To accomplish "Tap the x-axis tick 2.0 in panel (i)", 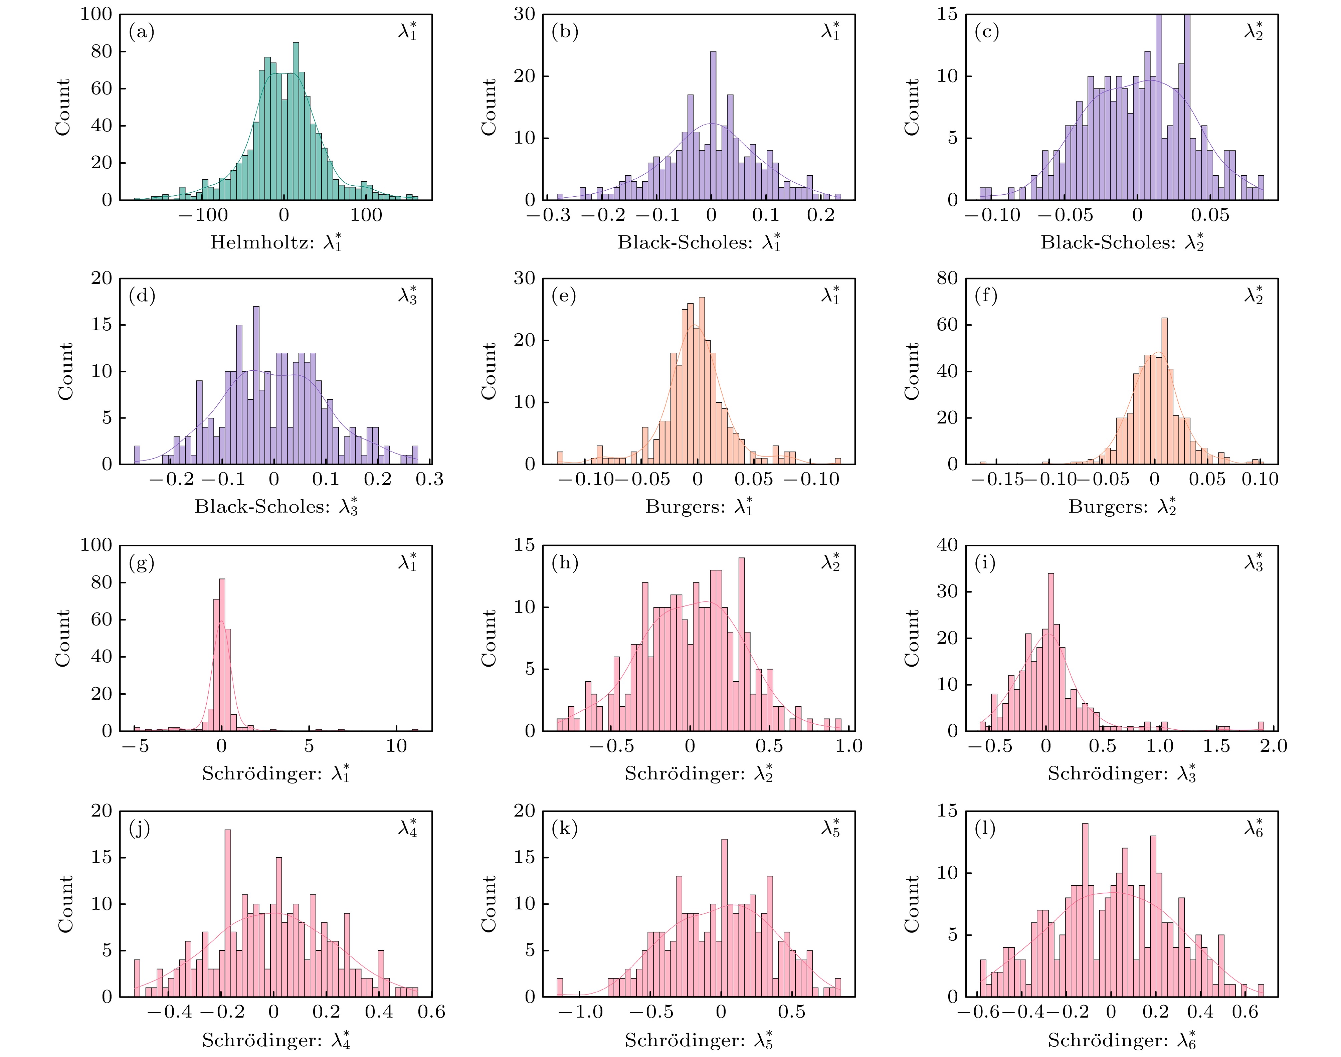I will pyautogui.click(x=1274, y=746).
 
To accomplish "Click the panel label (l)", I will pyautogui.click(x=985, y=829).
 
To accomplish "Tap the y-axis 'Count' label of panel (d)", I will pyautogui.click(x=65, y=371).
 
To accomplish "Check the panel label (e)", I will pyautogui.click(x=564, y=296).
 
